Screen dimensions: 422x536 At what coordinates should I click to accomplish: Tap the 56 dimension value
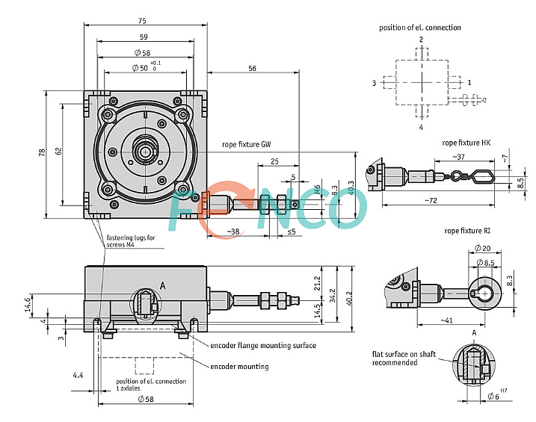[x=251, y=68]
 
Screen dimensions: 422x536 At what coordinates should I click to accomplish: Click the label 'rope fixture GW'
[x=246, y=144]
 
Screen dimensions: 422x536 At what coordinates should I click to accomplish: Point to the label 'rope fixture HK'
[x=466, y=142]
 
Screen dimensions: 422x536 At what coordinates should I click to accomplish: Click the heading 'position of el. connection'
[x=420, y=28]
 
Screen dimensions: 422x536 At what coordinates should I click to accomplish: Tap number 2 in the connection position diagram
[x=421, y=39]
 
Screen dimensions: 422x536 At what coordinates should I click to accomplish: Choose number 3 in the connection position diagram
[x=374, y=83]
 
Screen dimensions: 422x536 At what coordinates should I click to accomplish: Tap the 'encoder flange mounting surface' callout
[x=262, y=345]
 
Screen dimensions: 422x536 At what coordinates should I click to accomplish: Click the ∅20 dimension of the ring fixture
[x=482, y=248]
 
